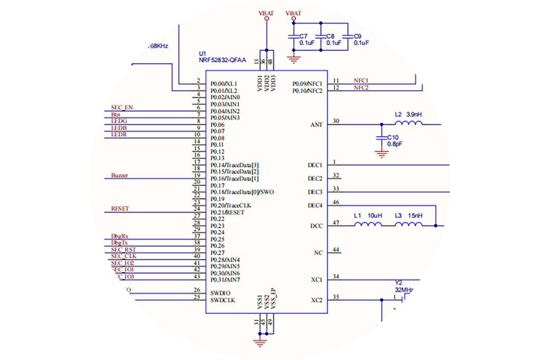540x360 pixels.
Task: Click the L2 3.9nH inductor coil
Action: pos(410,125)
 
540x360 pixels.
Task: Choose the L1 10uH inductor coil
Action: pos(370,225)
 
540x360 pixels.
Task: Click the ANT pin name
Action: pos(316,125)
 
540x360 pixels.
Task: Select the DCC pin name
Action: pos(315,225)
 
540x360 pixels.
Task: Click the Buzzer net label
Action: pos(120,176)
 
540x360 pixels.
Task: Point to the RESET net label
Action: pos(120,209)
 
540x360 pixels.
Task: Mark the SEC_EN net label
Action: pos(122,107)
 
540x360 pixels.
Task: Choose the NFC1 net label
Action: pos(361,81)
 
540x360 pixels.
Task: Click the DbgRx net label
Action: pos(120,236)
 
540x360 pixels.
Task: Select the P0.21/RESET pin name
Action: pos(232,212)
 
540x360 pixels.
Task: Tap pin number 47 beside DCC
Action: pos(336,222)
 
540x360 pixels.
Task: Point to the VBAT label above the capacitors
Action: pos(294,14)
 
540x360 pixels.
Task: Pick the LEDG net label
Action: pos(120,121)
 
